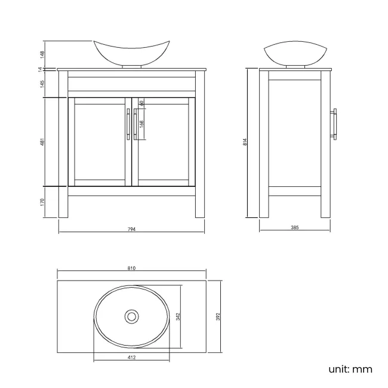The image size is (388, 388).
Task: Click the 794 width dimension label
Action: coord(132,230)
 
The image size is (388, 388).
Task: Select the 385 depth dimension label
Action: coord(294,228)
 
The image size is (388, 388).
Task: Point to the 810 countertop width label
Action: coord(131,269)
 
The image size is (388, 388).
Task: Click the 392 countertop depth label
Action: coord(218,315)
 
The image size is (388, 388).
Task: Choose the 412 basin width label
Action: coord(132,358)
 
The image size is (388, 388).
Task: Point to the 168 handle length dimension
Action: coord(141,124)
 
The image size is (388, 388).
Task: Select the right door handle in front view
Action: coord(136,125)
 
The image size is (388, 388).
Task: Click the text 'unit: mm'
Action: coord(350,369)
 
